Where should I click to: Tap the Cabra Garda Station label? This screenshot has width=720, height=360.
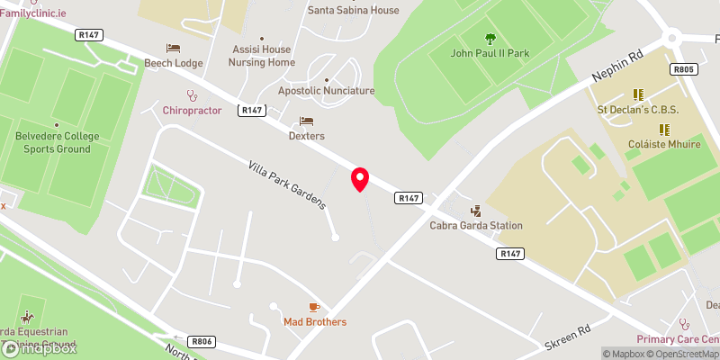(x=476, y=225)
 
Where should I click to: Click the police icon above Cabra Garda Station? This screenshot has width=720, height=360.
(x=476, y=211)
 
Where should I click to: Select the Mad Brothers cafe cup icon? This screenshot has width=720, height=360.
(x=314, y=308)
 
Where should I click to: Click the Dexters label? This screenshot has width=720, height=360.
(x=306, y=136)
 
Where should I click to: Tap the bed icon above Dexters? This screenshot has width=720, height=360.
(x=306, y=121)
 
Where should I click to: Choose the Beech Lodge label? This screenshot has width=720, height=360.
(x=174, y=63)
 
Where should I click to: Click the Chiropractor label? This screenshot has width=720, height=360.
(x=192, y=110)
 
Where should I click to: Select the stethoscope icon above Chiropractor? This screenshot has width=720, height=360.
(x=191, y=94)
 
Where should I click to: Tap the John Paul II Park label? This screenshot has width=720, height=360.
(x=490, y=53)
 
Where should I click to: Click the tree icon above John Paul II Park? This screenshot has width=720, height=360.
(x=490, y=39)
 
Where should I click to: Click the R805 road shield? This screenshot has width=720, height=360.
(x=684, y=69)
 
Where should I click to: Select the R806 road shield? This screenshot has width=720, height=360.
(x=202, y=342)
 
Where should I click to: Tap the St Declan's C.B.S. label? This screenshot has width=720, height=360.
(x=638, y=110)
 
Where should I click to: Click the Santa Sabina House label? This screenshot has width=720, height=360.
(x=353, y=11)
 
